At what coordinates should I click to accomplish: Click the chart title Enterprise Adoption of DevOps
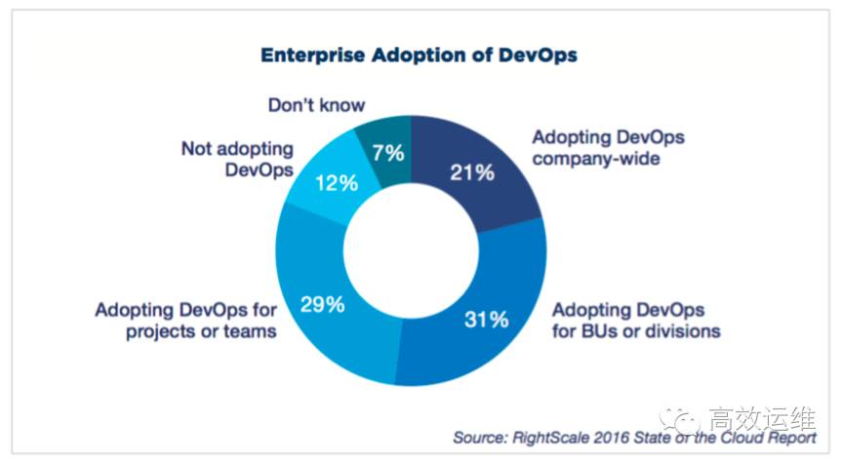419,55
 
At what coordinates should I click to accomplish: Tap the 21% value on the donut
471,173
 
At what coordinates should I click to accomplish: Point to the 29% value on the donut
322,304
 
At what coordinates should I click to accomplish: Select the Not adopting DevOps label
237,159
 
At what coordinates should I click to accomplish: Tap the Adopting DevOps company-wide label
596,147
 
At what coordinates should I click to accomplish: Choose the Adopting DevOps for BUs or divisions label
636,320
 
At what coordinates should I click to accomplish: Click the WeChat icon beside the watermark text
679,417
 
